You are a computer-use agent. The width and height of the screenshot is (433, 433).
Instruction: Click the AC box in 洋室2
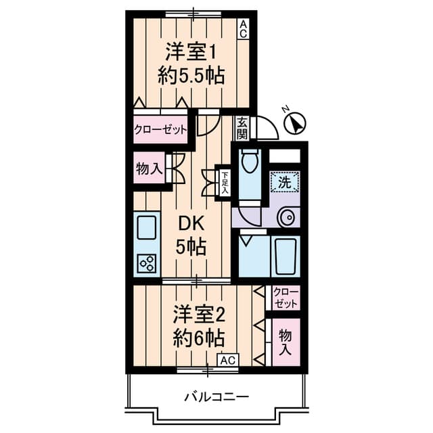coord(227,359)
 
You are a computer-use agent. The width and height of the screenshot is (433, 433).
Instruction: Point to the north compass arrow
coord(294,122)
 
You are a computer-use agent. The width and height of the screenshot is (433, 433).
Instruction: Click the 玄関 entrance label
coord(242,127)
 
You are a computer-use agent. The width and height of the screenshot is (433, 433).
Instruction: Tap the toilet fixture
coord(250,162)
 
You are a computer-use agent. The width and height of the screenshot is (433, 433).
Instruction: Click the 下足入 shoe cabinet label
coord(224,183)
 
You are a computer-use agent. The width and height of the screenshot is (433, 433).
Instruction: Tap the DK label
coord(191,223)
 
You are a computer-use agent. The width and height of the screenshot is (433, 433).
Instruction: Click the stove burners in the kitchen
coord(146,263)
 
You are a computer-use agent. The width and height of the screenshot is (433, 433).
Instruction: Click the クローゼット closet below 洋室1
coord(160,129)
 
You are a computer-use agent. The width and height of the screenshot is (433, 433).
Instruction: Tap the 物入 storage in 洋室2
coord(286,342)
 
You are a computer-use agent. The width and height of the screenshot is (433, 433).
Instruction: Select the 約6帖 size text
coord(198,336)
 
